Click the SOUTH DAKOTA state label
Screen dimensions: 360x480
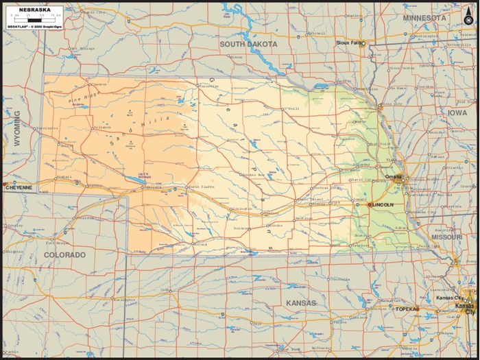[248, 44]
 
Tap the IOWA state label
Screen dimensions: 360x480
[457, 112]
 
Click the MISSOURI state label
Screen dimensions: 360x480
[446, 237]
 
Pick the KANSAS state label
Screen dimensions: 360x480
[301, 302]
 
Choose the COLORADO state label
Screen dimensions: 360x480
[64, 255]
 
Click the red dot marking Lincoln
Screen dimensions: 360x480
[370, 204]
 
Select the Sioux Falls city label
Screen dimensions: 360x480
[348, 43]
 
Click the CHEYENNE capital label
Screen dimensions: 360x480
[19, 187]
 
